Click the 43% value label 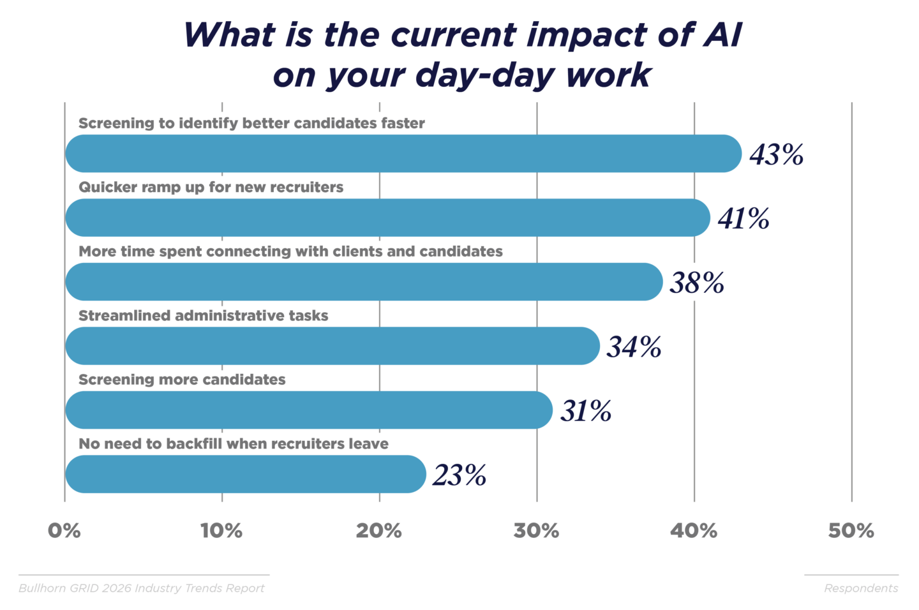click(x=776, y=154)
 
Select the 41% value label click(x=743, y=218)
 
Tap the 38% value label click(x=696, y=283)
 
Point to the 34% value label click(x=634, y=346)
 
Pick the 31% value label click(x=586, y=411)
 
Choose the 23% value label click(x=459, y=475)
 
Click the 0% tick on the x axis click(x=64, y=531)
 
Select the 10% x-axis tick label click(x=221, y=531)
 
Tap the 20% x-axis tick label click(x=379, y=531)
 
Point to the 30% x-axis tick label click(x=536, y=531)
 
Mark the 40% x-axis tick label click(x=694, y=531)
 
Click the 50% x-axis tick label click(x=851, y=531)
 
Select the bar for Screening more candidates click(x=308, y=410)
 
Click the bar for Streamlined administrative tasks click(x=332, y=346)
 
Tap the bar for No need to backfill click(x=245, y=474)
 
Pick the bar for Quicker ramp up click(x=387, y=218)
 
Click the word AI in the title click(x=723, y=35)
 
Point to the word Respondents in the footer click(x=861, y=588)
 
